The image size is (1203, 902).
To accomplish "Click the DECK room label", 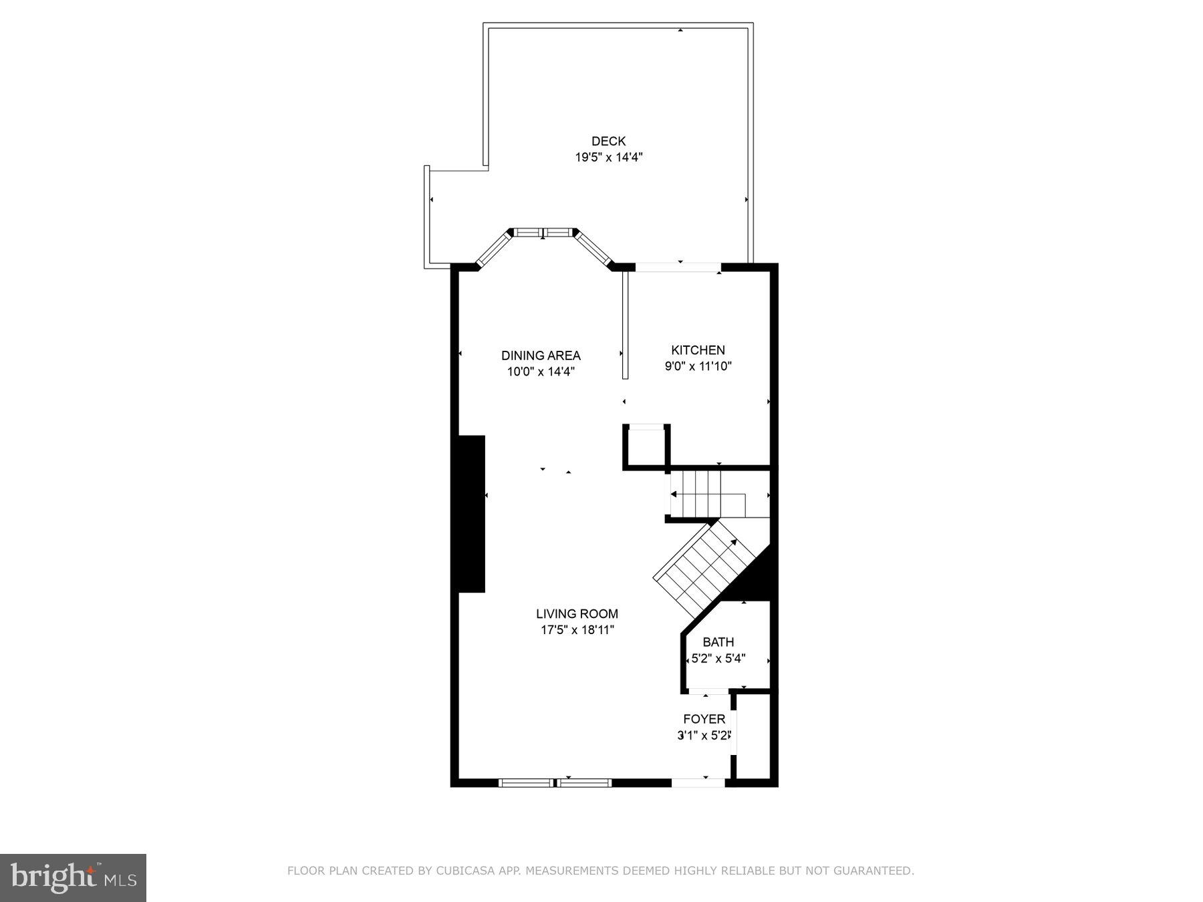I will coord(608,141).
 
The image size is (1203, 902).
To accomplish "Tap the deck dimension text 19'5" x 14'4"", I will coord(608,158).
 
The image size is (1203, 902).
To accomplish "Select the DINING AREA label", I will coord(541,355).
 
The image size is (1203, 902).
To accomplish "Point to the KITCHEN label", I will coord(698,350).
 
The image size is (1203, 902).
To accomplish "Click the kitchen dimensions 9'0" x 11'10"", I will coord(698,366).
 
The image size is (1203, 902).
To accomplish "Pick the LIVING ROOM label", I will coord(577,613).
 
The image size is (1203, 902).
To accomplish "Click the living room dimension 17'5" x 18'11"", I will coord(577,629).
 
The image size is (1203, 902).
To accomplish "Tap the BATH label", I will coord(718,642).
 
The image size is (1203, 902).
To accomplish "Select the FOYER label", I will coord(704,719).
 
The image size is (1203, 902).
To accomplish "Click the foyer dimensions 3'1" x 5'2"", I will coord(704,736).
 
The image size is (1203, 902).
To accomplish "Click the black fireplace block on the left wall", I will coord(471,513).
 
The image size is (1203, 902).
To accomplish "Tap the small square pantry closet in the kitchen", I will coord(646,446).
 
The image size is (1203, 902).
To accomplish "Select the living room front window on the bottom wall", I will coord(555,782).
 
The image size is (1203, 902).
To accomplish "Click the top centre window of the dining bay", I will coord(543,233).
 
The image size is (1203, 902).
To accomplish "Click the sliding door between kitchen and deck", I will coord(678,267).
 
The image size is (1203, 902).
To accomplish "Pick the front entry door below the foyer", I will coord(698,782).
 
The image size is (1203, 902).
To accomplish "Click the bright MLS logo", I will coord(73,877).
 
